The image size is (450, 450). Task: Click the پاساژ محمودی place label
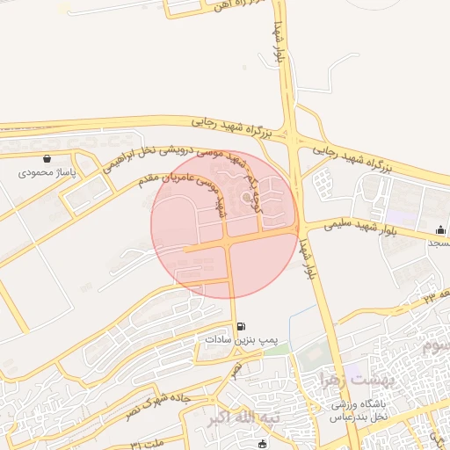48,173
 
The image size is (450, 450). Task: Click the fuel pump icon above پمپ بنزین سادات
242,326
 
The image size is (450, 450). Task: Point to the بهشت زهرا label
327,380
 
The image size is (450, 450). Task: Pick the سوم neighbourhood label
437,346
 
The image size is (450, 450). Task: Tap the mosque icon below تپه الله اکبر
261,443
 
